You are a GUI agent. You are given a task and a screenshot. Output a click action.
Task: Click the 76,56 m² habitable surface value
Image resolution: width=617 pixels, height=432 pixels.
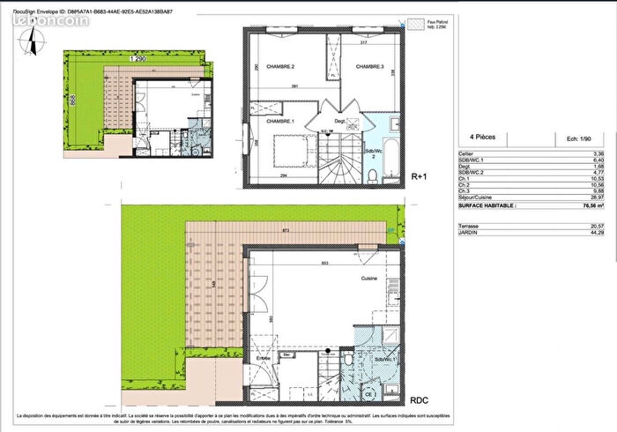pos(578,204)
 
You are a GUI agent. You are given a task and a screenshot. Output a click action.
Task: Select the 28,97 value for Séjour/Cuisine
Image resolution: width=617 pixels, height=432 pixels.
pos(581,197)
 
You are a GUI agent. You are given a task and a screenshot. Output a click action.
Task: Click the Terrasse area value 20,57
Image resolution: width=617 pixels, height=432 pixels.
pos(581,226)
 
